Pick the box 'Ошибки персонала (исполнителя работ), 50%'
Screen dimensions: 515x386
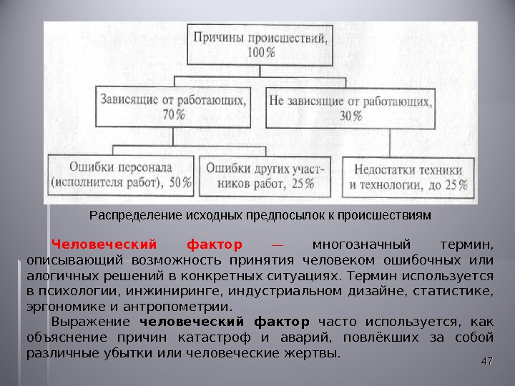(x=121, y=174)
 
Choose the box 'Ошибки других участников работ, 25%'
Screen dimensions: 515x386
(x=265, y=174)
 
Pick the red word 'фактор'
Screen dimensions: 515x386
(x=213, y=244)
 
